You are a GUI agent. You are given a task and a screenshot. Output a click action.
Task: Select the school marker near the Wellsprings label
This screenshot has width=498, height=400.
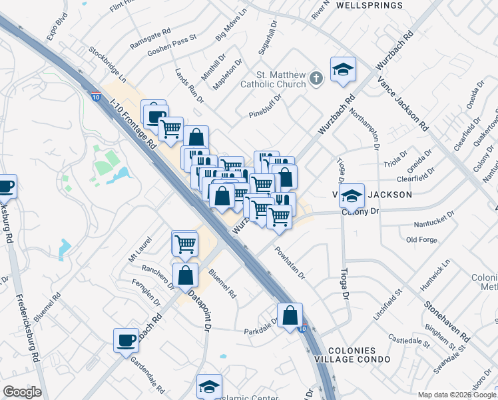point(343,69)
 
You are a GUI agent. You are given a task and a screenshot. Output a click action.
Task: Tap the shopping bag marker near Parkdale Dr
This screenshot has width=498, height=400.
point(290,315)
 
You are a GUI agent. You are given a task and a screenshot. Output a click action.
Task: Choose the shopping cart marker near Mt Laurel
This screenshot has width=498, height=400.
point(184,243)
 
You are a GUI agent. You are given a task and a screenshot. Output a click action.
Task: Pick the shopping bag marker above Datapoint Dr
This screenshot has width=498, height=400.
point(186,275)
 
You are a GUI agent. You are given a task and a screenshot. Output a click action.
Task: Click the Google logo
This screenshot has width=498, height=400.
point(22,392)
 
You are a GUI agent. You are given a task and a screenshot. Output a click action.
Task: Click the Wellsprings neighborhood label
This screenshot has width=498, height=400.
point(370,5)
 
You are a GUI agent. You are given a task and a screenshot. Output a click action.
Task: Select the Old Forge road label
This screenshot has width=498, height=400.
point(421,239)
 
